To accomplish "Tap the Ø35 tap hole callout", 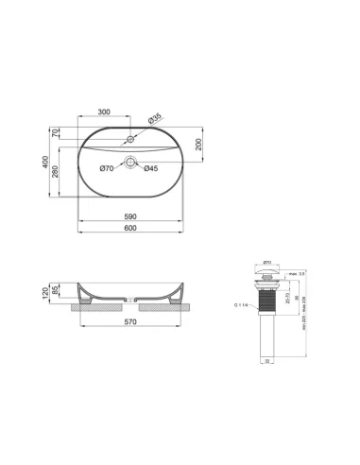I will click(x=155, y=118).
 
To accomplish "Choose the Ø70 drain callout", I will click(x=108, y=168).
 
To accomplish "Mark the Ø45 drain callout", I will click(x=149, y=168).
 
